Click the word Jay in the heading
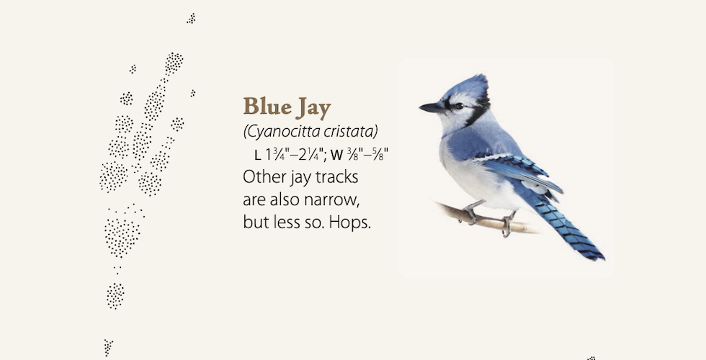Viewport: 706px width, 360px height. tap(314, 108)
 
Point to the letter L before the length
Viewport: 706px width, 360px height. tap(258, 156)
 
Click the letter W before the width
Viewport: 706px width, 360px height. tap(337, 156)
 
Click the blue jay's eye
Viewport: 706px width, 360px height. tap(458, 107)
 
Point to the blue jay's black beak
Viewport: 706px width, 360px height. tap(432, 107)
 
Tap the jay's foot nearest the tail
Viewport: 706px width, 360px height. tap(507, 224)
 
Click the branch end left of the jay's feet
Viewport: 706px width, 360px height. tap(438, 204)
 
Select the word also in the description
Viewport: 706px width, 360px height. tap(285, 199)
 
